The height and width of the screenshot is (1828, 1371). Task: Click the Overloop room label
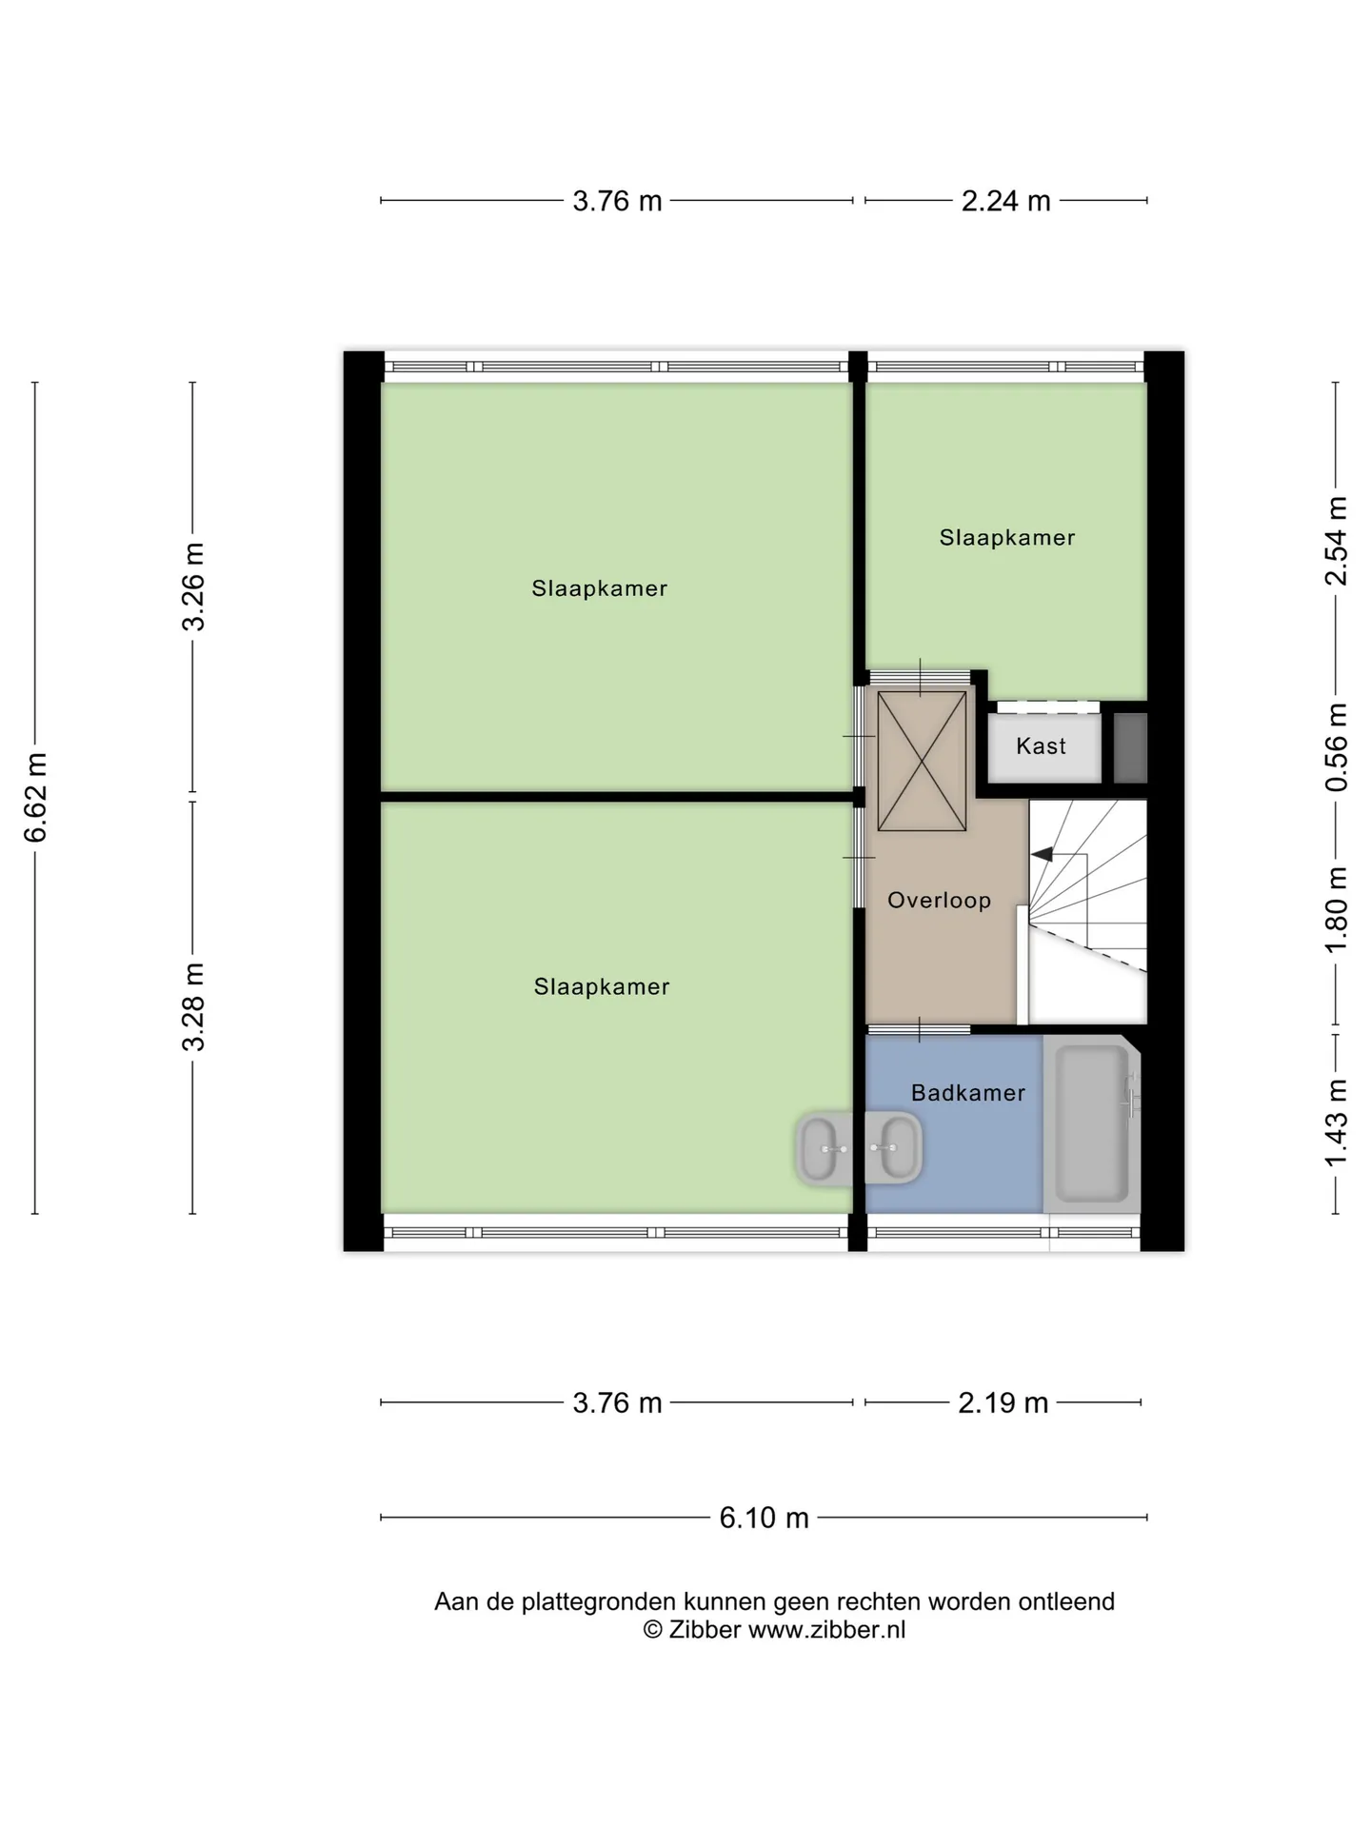click(939, 900)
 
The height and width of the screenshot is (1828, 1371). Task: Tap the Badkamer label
click(968, 1093)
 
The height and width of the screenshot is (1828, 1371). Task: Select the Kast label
click(1041, 746)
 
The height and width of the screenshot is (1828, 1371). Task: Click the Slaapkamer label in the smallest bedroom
click(1007, 538)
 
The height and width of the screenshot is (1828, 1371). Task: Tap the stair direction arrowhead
click(1042, 854)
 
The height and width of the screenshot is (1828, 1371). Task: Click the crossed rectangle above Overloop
click(921, 762)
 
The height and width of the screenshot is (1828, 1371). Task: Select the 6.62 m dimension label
click(36, 798)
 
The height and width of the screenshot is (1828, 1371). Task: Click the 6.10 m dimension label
click(764, 1517)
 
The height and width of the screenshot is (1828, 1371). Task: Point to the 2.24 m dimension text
click(1005, 201)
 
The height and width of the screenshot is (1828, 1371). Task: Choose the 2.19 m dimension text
click(1003, 1402)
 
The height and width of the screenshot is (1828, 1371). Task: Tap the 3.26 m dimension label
click(193, 587)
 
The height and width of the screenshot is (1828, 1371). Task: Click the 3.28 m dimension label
click(193, 1006)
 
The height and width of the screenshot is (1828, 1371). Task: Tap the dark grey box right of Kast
click(1130, 748)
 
